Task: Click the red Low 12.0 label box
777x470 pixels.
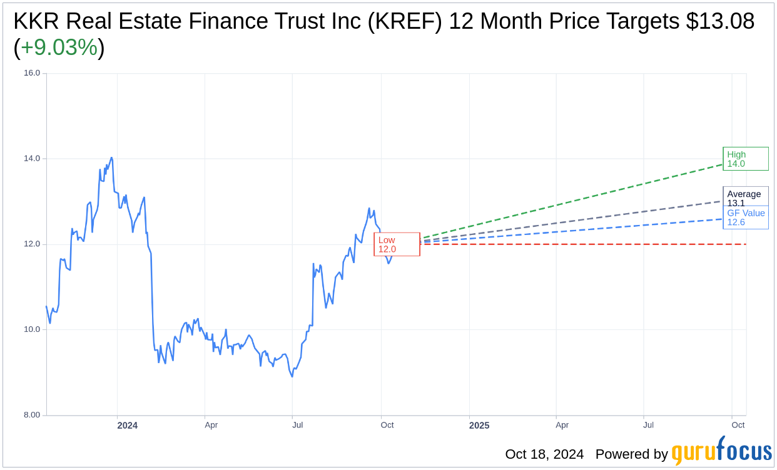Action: [397, 244]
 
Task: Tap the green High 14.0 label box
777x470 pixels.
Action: [745, 159]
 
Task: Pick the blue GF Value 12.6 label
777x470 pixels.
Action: [746, 217]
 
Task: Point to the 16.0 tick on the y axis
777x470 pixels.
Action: [31, 73]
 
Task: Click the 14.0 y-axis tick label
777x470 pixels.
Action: [31, 159]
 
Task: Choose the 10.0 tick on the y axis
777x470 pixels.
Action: [31, 329]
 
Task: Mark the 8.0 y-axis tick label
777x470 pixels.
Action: [31, 415]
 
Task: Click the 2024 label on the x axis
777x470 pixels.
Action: [127, 426]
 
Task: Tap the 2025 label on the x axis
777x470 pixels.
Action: [479, 426]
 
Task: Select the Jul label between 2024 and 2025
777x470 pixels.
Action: [298, 426]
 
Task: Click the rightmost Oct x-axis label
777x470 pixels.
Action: [738, 426]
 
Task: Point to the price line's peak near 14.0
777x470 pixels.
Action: [111, 157]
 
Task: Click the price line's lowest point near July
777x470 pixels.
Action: [292, 376]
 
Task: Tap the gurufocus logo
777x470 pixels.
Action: [721, 452]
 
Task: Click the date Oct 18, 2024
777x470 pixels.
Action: [544, 454]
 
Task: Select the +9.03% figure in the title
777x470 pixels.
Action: [59, 48]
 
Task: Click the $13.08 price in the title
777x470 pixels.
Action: [720, 21]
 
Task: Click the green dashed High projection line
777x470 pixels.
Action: [563, 203]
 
